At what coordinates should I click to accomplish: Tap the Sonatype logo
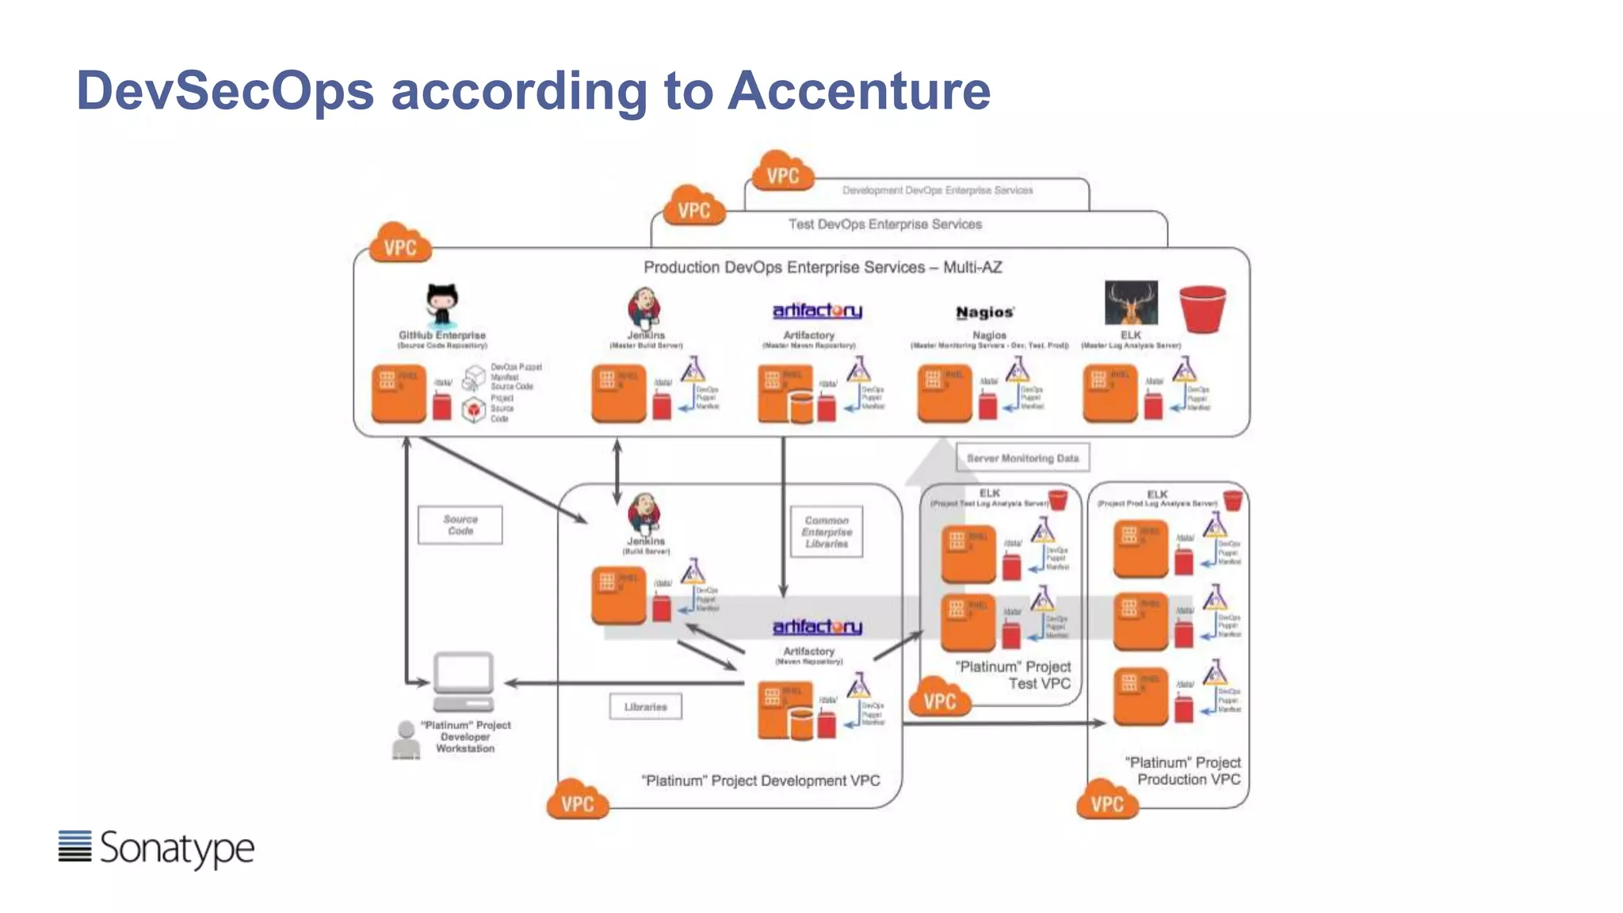pyautogui.click(x=156, y=848)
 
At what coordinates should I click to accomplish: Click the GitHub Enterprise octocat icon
pyautogui.click(x=441, y=304)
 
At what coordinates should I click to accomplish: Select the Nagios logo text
pyautogui.click(x=984, y=312)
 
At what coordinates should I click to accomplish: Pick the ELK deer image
pyautogui.click(x=1131, y=302)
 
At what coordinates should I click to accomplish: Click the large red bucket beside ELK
pyautogui.click(x=1202, y=308)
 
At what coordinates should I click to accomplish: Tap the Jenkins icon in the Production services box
pyautogui.click(x=644, y=308)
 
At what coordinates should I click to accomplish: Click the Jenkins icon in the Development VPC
pyautogui.click(x=644, y=513)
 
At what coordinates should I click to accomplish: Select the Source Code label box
pyautogui.click(x=460, y=525)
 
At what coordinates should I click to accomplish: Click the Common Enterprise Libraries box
pyautogui.click(x=827, y=532)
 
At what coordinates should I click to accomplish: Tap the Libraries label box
pyautogui.click(x=645, y=706)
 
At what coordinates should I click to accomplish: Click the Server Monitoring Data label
pyautogui.click(x=1022, y=458)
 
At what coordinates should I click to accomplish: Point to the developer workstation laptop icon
pyautogui.click(x=464, y=681)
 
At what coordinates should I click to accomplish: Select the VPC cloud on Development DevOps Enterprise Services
pyautogui.click(x=782, y=172)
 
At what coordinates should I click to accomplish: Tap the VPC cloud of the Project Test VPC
pyautogui.click(x=940, y=698)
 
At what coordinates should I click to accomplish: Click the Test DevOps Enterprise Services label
pyautogui.click(x=884, y=224)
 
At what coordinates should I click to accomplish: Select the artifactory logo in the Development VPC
pyautogui.click(x=817, y=627)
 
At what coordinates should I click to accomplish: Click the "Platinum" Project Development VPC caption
pyautogui.click(x=760, y=781)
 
